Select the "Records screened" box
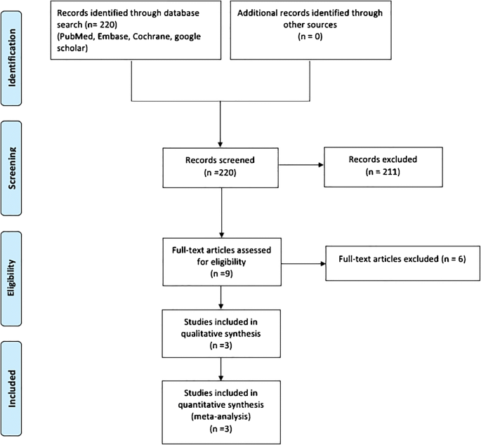tap(221, 167)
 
